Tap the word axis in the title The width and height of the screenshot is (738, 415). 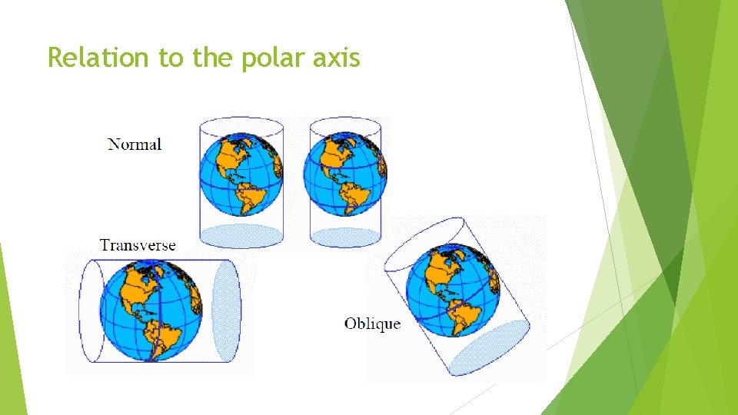click(x=339, y=57)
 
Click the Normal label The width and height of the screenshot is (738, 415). click(x=135, y=144)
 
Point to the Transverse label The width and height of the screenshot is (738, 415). click(x=138, y=245)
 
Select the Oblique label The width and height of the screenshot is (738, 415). click(x=372, y=324)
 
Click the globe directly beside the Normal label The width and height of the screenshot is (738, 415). click(x=241, y=174)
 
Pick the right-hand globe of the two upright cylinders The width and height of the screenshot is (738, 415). click(x=344, y=174)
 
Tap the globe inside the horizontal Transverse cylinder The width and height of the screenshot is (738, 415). click(x=151, y=310)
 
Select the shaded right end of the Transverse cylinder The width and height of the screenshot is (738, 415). click(x=226, y=310)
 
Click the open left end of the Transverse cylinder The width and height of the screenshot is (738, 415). click(x=91, y=310)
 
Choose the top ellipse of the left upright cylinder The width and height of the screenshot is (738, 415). click(x=241, y=125)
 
